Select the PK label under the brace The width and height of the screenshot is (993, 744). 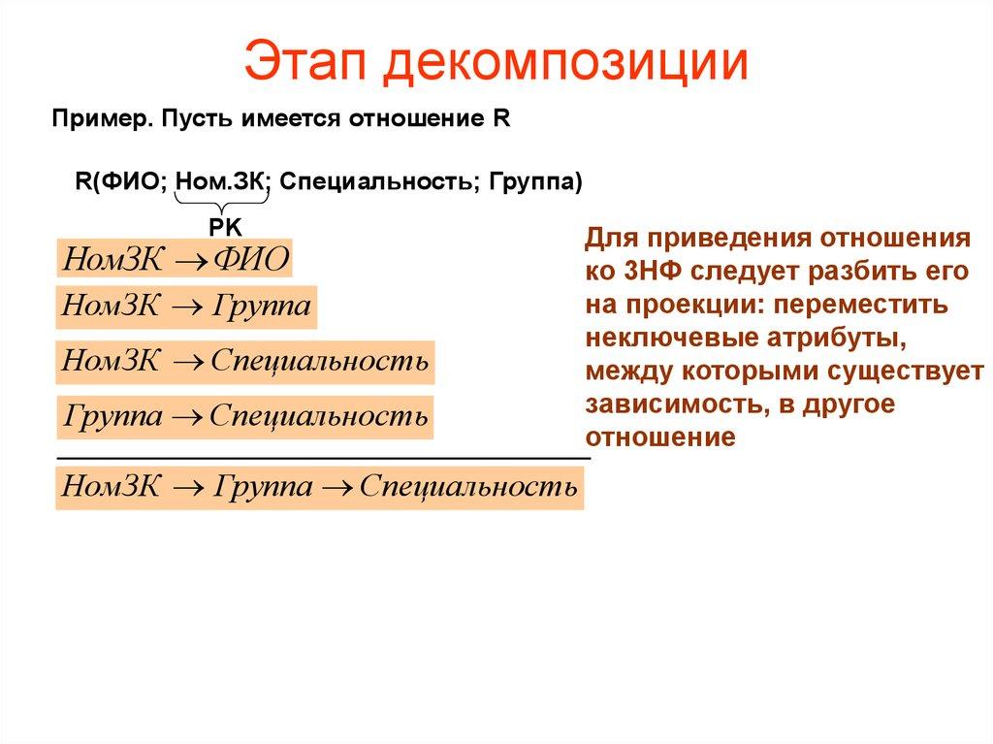[x=224, y=225]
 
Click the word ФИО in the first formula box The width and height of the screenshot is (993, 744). [x=250, y=261]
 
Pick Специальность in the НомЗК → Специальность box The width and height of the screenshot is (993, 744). [x=319, y=362]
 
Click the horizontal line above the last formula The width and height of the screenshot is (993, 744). [x=324, y=456]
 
